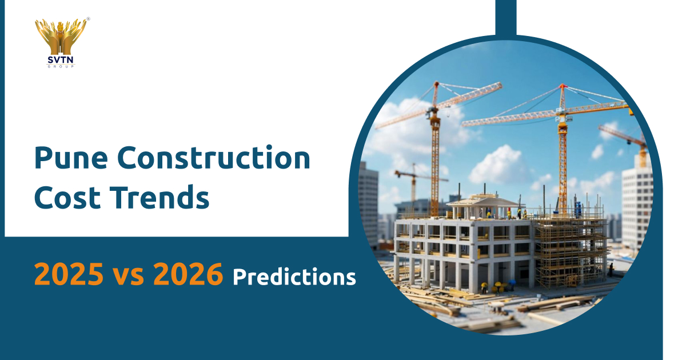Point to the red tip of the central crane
pos(563,87)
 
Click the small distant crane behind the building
pos(413,177)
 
